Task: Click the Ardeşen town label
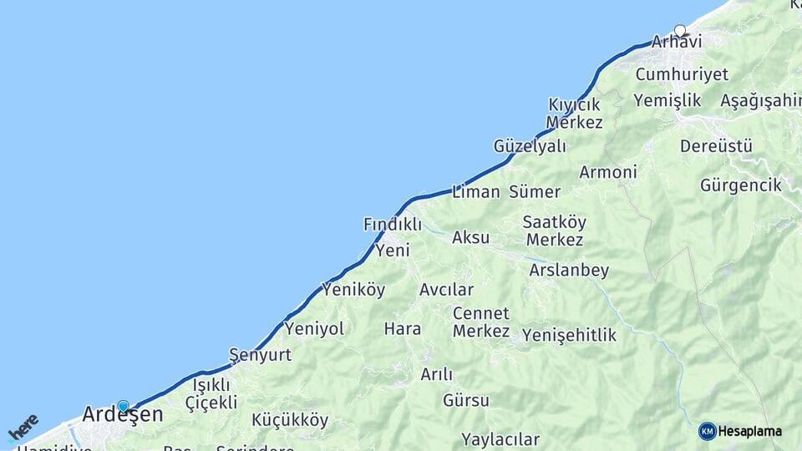pyautogui.click(x=123, y=414)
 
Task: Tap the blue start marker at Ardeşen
pyautogui.click(x=124, y=406)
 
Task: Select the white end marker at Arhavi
pyautogui.click(x=680, y=31)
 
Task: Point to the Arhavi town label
pyautogui.click(x=677, y=42)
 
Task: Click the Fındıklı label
pyautogui.click(x=393, y=224)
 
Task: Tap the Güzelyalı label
pyautogui.click(x=530, y=146)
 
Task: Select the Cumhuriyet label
pyautogui.click(x=682, y=74)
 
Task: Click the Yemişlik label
pyautogui.click(x=667, y=100)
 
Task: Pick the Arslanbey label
pyautogui.click(x=569, y=271)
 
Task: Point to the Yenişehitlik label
pyautogui.click(x=569, y=335)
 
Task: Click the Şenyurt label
pyautogui.click(x=260, y=355)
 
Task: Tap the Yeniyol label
pyautogui.click(x=314, y=329)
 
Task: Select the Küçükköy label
pyautogui.click(x=290, y=420)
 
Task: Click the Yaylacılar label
pyautogui.click(x=500, y=439)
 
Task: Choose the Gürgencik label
pyautogui.click(x=741, y=185)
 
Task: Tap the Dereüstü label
pyautogui.click(x=716, y=146)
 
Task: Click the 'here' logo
pyautogui.click(x=23, y=428)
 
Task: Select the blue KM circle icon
pyautogui.click(x=708, y=431)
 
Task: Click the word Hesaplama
pyautogui.click(x=750, y=431)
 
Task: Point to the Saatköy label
pyautogui.click(x=555, y=222)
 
